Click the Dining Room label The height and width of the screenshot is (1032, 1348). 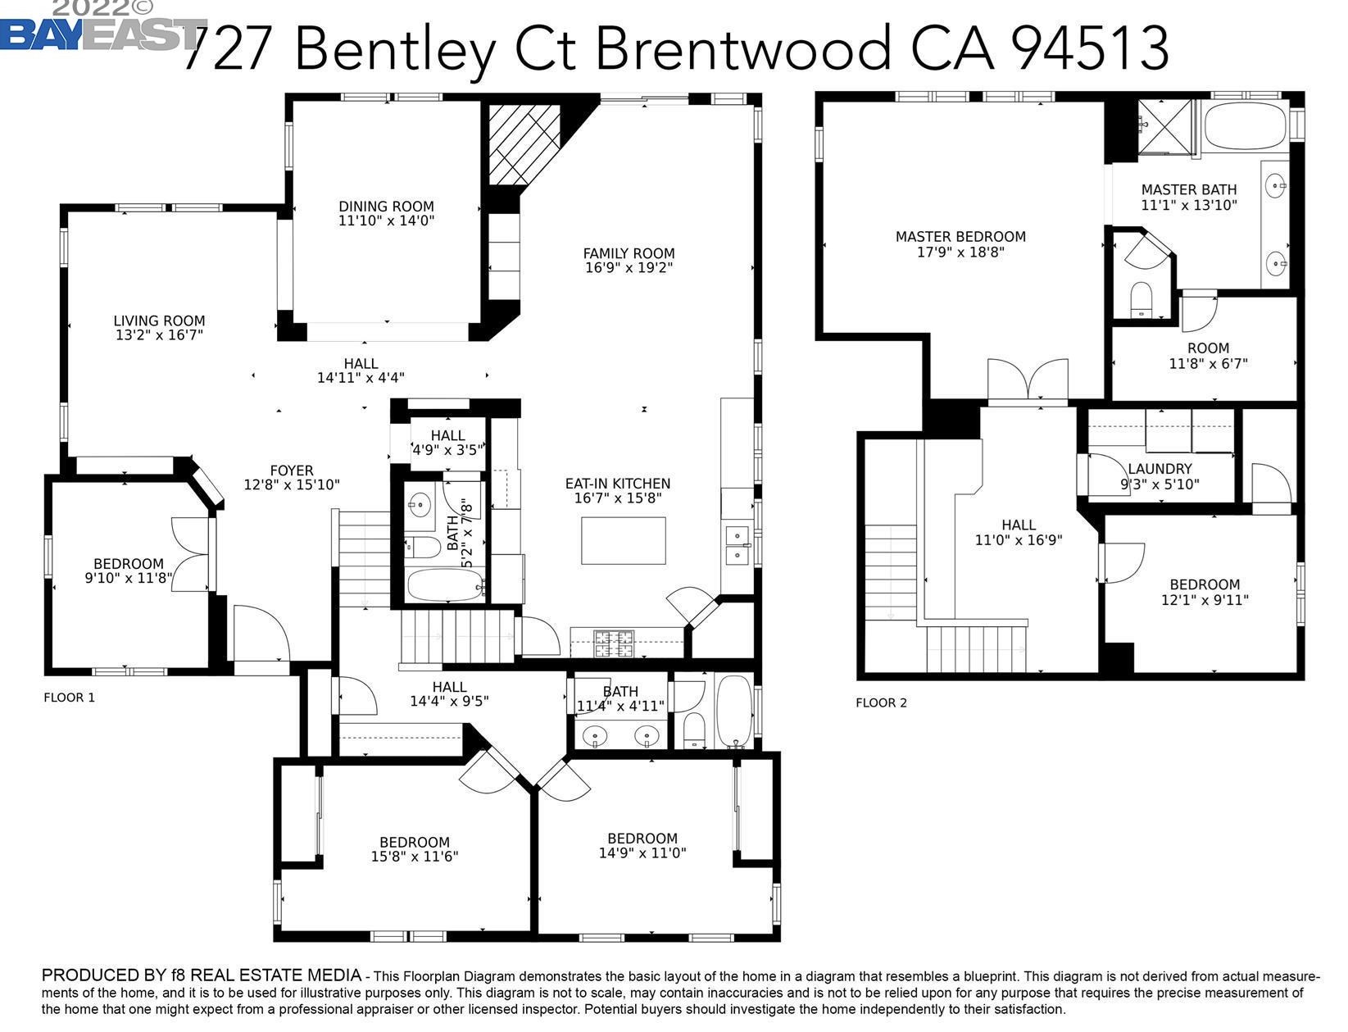coord(386,207)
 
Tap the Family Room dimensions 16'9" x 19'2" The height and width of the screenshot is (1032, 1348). coord(629,268)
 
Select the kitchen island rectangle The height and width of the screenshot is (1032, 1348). coord(623,541)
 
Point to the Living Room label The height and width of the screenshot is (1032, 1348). coord(159,321)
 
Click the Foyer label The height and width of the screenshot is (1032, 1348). coord(292,471)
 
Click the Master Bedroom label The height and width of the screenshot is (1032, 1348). coord(960,237)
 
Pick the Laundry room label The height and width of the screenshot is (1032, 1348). coord(1159,469)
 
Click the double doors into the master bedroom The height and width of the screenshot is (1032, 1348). coord(1028,381)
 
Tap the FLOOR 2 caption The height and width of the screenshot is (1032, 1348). coord(881,702)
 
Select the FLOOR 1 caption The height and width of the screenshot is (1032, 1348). coord(69,698)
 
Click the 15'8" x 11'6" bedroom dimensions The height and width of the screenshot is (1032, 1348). coord(414,857)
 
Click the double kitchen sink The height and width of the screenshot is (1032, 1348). coord(738,547)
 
